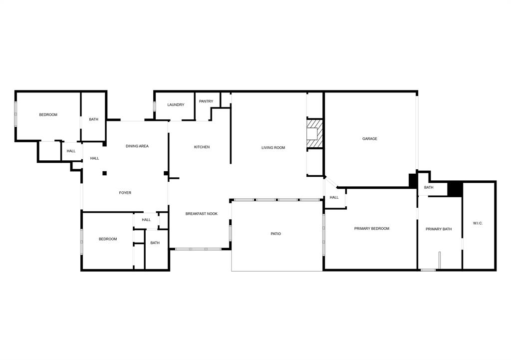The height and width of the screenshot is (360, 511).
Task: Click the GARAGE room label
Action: [x=370, y=139]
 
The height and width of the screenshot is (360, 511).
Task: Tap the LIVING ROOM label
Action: [x=273, y=148]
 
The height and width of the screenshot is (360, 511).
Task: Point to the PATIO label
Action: [x=276, y=234]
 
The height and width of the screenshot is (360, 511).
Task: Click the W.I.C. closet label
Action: [x=478, y=223]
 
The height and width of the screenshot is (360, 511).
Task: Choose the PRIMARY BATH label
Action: [x=439, y=229]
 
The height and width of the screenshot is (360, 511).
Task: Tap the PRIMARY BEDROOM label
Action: [x=372, y=229]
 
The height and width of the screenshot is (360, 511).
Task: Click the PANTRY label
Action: [x=206, y=101]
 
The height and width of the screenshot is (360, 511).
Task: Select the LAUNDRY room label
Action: [x=176, y=105]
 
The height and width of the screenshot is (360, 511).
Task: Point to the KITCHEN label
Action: [x=202, y=147]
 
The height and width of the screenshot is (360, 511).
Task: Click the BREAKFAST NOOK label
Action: [x=202, y=214]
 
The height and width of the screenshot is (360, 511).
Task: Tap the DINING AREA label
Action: [x=137, y=146]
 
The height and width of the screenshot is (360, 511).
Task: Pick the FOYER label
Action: [x=125, y=193]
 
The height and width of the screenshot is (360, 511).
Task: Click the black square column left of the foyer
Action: [x=105, y=173]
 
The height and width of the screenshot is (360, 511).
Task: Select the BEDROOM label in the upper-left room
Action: [x=48, y=115]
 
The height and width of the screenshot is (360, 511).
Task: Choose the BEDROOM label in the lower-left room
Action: [x=108, y=239]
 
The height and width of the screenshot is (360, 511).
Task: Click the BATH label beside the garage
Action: [x=429, y=188]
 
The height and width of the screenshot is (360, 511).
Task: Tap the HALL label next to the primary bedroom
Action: [x=334, y=197]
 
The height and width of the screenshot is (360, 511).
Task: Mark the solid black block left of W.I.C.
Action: [x=455, y=189]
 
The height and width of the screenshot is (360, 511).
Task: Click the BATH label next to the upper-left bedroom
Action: [x=94, y=119]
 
